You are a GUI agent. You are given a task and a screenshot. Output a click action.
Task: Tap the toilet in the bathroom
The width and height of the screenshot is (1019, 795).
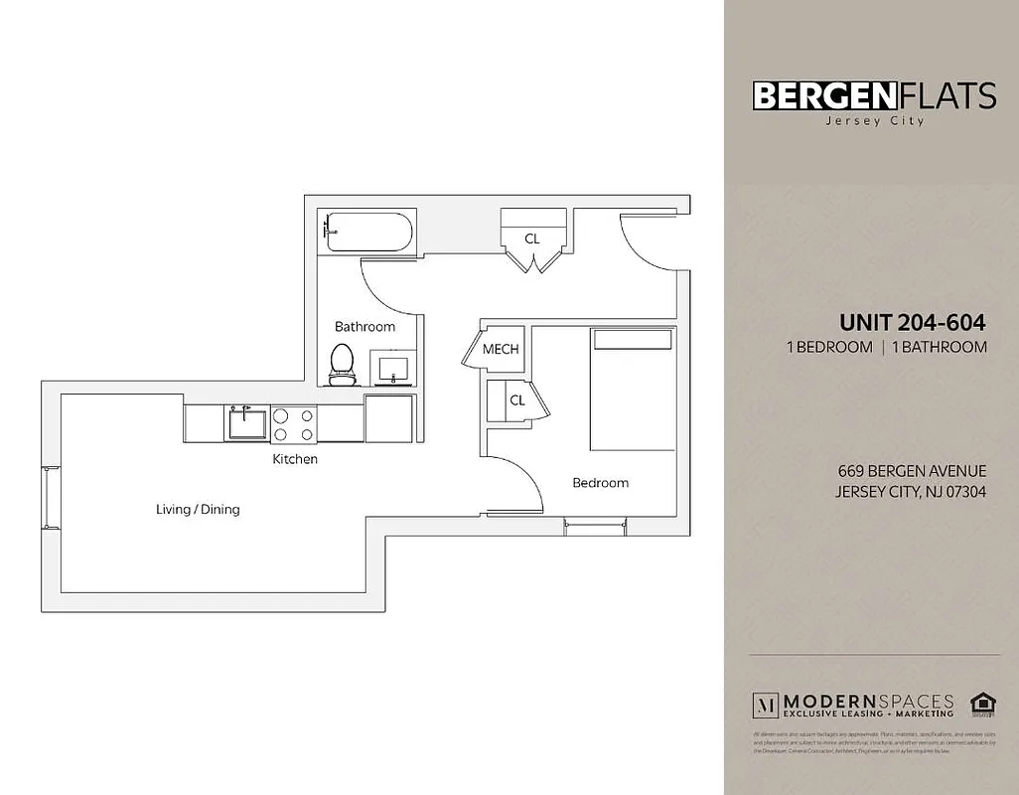click(342, 364)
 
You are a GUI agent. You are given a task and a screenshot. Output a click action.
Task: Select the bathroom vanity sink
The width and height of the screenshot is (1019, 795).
click(394, 368)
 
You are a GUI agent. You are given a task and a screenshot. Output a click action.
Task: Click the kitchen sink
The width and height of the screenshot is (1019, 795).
click(245, 422)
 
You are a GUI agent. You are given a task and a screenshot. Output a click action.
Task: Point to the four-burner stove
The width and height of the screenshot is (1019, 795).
click(294, 424)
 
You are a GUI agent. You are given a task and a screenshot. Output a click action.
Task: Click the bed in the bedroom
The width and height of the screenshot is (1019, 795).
click(634, 391)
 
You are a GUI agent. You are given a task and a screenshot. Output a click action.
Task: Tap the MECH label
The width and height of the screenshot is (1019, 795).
click(501, 350)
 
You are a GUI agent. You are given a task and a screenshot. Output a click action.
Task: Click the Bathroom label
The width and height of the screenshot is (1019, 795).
click(364, 327)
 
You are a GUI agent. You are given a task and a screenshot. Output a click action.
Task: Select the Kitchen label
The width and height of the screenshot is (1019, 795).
click(295, 459)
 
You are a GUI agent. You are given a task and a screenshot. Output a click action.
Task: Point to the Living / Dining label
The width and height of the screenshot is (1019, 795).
click(198, 510)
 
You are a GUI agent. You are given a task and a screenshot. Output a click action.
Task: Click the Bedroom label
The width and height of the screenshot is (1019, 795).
click(600, 483)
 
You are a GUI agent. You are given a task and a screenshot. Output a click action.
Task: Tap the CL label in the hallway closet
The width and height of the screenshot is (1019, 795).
click(532, 238)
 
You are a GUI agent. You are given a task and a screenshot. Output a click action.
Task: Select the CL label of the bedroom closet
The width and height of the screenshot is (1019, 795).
click(516, 400)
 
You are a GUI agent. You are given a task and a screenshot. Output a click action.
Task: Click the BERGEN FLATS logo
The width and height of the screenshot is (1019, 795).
click(874, 95)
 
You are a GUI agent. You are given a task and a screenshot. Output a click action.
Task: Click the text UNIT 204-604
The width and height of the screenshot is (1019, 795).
click(912, 322)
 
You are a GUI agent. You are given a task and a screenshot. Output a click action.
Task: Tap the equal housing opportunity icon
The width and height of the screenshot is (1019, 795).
click(981, 704)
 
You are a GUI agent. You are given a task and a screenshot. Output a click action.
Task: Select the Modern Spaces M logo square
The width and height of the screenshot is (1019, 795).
click(766, 705)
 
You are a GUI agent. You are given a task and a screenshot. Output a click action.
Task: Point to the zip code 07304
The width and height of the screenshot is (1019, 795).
click(963, 492)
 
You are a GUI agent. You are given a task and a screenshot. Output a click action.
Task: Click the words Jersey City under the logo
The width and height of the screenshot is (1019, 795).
click(874, 121)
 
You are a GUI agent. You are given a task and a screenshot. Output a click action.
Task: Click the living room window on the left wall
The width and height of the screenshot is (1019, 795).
click(47, 497)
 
